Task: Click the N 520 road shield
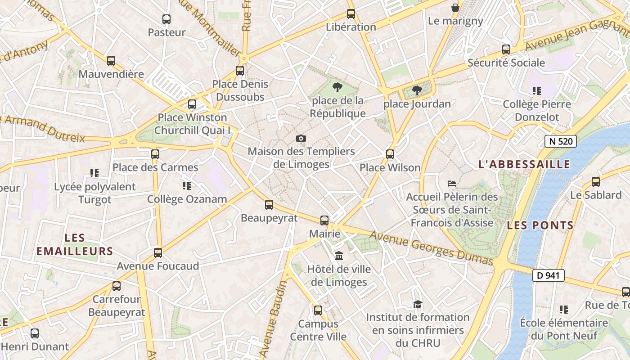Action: [x=560, y=141]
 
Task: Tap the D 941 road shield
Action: [x=548, y=275]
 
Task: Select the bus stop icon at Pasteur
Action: [x=166, y=19]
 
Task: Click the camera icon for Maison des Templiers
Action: [x=301, y=138]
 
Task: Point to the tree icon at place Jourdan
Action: [x=417, y=90]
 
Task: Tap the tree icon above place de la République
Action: [x=337, y=87]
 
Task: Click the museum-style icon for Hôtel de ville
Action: [x=339, y=256]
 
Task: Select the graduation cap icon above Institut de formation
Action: [x=418, y=304]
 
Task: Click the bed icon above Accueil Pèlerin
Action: [x=452, y=184]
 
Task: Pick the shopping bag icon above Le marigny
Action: [x=455, y=8]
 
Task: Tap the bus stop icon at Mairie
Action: [x=324, y=220]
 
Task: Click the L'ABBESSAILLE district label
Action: [x=524, y=164]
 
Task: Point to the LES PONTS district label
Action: [x=540, y=225]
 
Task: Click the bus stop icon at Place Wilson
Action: [x=390, y=154]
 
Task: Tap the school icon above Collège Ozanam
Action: [x=187, y=185]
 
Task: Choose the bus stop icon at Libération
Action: [x=351, y=14]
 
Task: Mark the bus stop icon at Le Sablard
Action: [x=596, y=182]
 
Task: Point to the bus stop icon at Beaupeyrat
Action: [x=269, y=205]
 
